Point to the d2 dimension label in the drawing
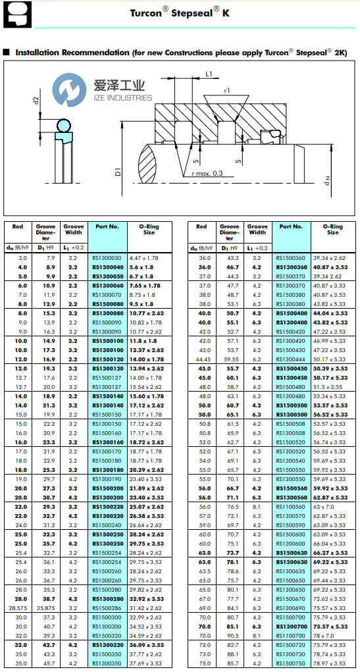36,101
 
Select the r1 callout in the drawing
226,90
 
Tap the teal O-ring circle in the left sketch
64,125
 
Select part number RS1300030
107,258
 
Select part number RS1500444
290,359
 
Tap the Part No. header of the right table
291,226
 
